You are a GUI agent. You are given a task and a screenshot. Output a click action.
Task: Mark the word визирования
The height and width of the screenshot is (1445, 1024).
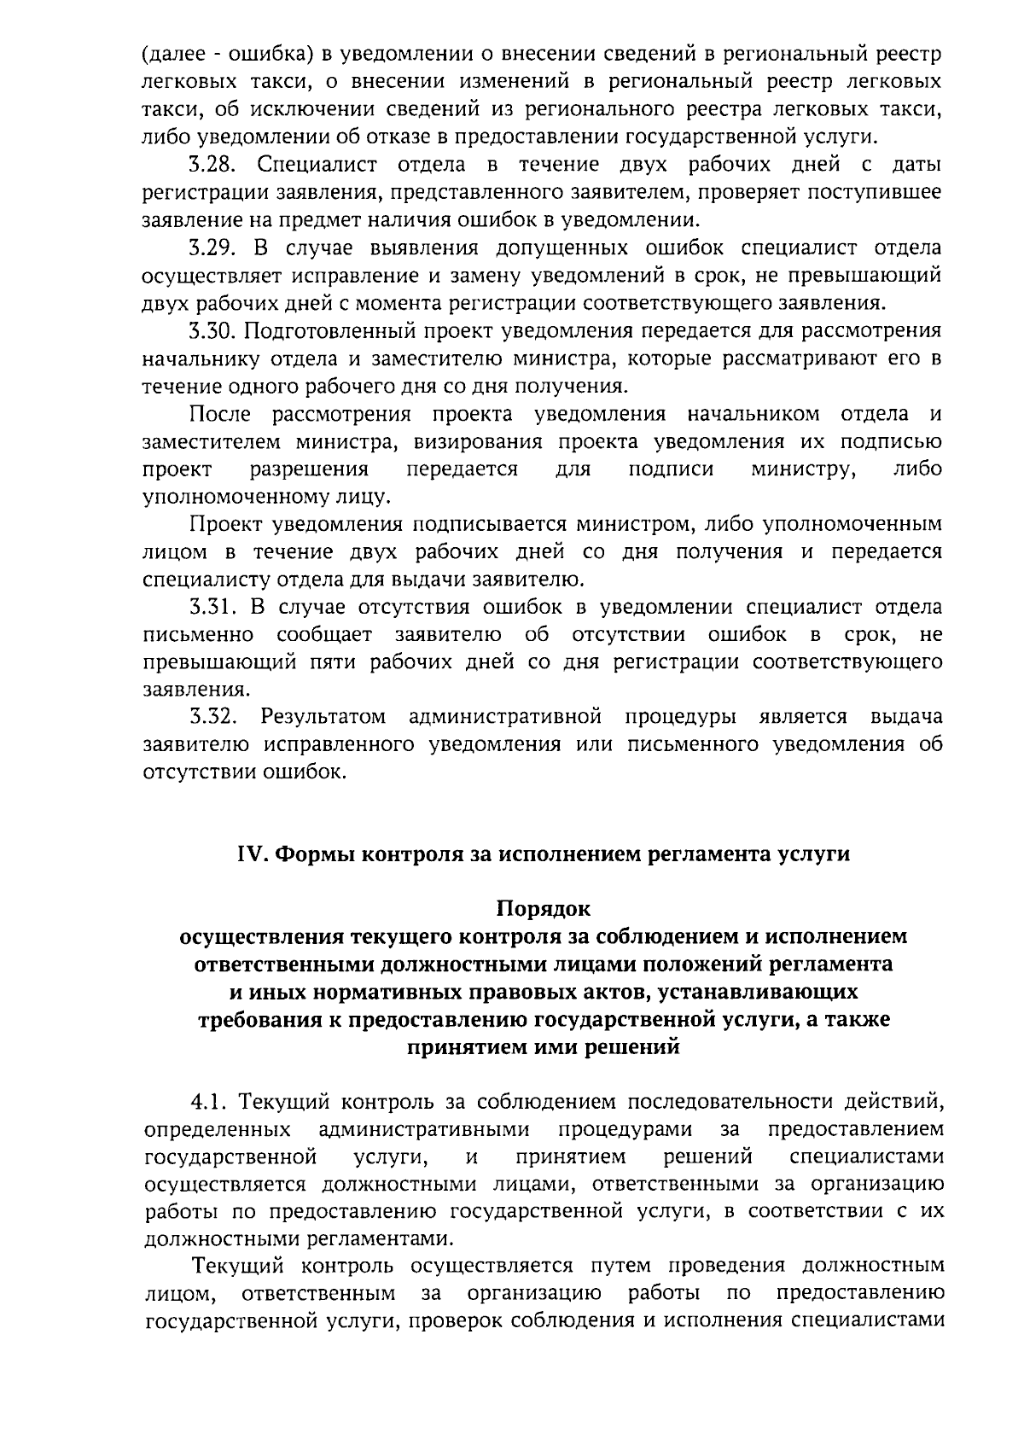(479, 442)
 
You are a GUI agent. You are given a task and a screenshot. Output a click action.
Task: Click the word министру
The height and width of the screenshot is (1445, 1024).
(804, 469)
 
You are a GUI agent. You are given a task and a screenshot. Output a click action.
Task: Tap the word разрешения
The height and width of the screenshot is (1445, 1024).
(309, 469)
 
